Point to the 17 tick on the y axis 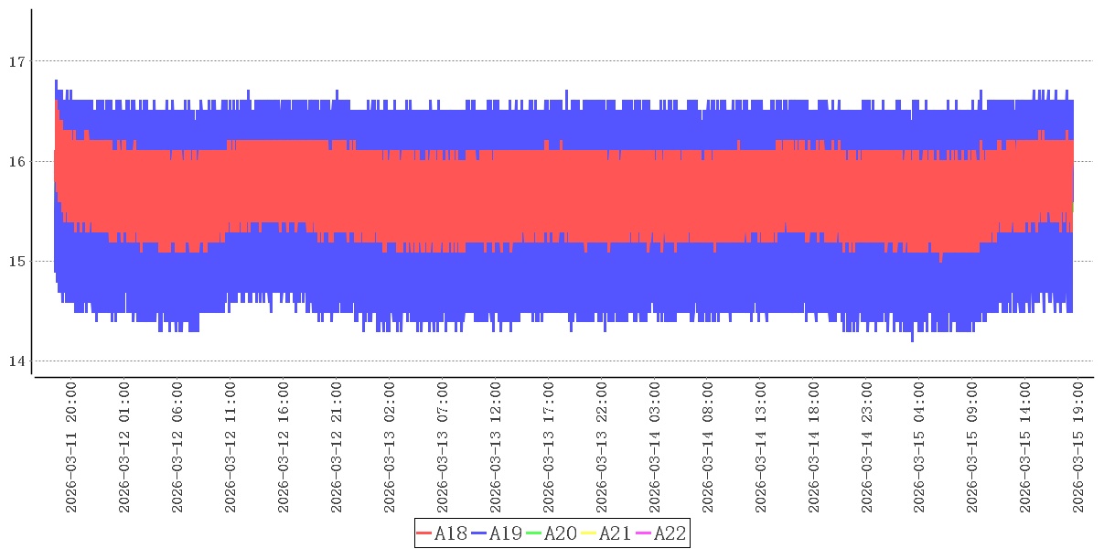click(15, 62)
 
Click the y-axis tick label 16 click(15, 162)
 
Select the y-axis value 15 click(15, 262)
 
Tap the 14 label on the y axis click(15, 361)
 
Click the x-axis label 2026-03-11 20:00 click(71, 448)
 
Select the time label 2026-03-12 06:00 click(177, 448)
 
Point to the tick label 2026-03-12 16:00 click(284, 448)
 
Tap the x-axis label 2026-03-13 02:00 click(390, 448)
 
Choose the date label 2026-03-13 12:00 click(496, 448)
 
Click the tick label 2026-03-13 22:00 click(602, 448)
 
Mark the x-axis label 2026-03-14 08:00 click(708, 448)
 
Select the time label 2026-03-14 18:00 click(814, 448)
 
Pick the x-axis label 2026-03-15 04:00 click(920, 448)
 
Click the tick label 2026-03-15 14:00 click(1026, 448)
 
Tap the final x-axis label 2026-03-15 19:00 click(1079, 448)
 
